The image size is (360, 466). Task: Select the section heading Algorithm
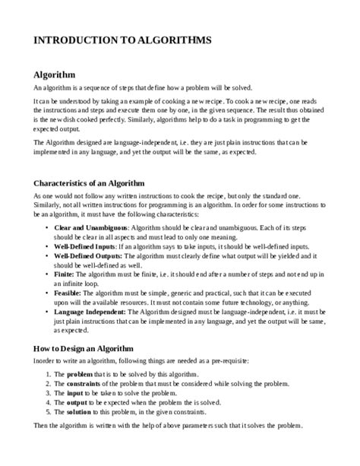point(55,75)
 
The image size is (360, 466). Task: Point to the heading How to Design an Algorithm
point(83,348)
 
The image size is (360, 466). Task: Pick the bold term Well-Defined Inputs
point(85,246)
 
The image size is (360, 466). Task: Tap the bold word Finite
point(65,275)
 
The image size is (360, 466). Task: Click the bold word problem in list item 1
point(81,376)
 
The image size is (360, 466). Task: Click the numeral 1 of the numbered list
point(48,376)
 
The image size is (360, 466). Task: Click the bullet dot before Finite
point(48,275)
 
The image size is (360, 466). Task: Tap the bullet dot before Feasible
point(48,294)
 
